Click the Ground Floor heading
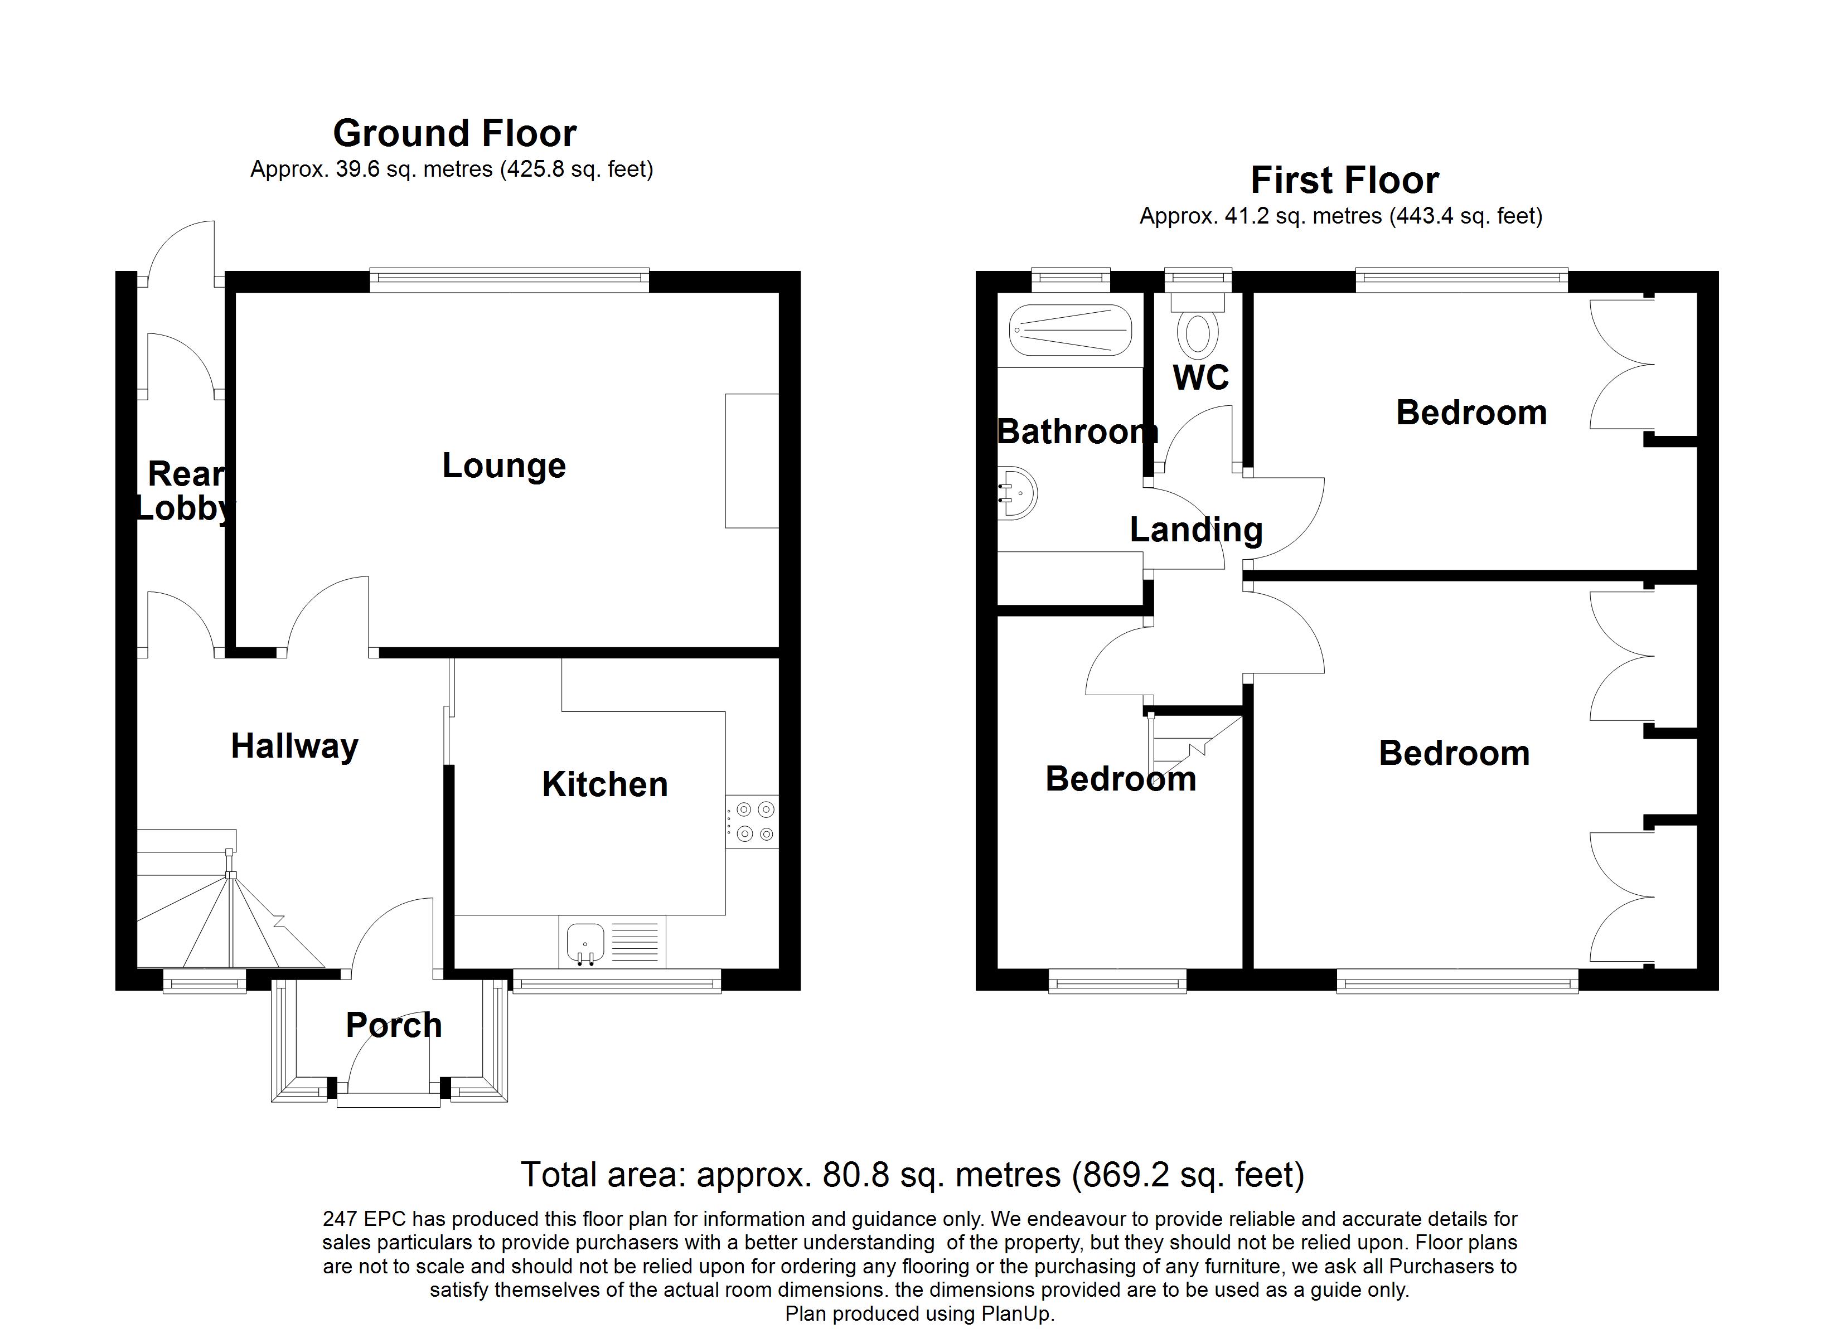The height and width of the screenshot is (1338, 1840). [454, 134]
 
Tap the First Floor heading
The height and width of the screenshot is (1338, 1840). [1344, 180]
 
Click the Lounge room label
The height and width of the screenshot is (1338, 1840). [504, 466]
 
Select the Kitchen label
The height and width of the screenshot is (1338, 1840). [604, 784]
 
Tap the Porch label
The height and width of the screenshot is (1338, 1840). [394, 1026]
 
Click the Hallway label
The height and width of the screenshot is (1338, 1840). [294, 746]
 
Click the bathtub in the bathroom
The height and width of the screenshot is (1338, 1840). [1069, 330]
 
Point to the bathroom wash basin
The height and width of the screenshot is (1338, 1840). [1018, 492]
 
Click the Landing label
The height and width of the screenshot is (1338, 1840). [1196, 530]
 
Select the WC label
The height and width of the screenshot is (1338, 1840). [1200, 377]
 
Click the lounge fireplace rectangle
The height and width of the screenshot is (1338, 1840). [751, 461]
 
